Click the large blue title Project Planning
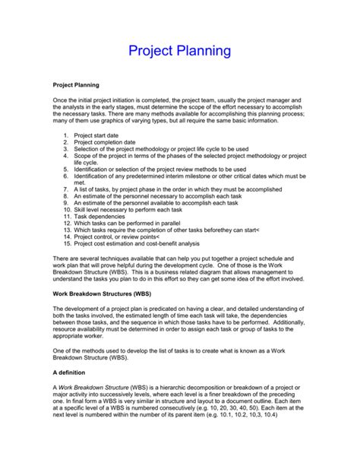[179, 52]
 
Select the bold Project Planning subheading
[76, 85]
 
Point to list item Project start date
[109, 135]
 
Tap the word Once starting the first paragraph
[62, 100]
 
